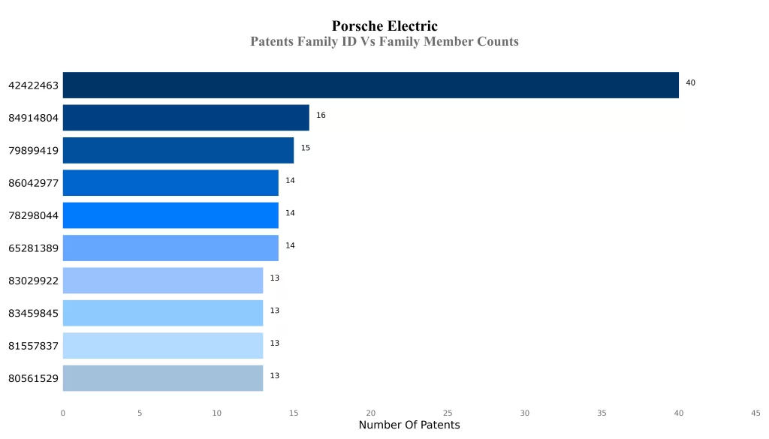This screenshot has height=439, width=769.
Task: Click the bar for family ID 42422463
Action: point(370,85)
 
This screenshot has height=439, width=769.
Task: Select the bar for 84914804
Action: point(185,118)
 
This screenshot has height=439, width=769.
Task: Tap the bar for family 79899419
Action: point(178,150)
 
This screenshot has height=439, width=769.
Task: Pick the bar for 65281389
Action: point(170,248)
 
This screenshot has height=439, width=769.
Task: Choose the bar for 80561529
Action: point(162,378)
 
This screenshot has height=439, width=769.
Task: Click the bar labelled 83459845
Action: point(162,313)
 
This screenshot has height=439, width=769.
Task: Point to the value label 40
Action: point(690,83)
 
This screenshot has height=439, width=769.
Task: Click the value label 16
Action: point(321,116)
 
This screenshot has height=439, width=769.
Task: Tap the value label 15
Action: point(306,148)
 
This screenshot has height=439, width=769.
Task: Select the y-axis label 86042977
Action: point(33,183)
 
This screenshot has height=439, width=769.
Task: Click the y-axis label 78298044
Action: point(33,215)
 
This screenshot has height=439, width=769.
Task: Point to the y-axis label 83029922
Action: point(33,281)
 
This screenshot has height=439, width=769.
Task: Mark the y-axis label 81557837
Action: point(33,346)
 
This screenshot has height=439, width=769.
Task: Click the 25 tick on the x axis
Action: point(448,413)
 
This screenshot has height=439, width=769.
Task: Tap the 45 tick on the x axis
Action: point(755,413)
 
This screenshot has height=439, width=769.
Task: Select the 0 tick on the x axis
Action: point(63,413)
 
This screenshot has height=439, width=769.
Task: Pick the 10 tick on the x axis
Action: point(217,413)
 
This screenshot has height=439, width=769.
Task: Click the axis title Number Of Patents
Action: point(409,425)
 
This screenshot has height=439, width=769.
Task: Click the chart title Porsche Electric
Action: point(384,27)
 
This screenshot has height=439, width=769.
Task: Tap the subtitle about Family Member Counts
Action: point(384,42)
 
